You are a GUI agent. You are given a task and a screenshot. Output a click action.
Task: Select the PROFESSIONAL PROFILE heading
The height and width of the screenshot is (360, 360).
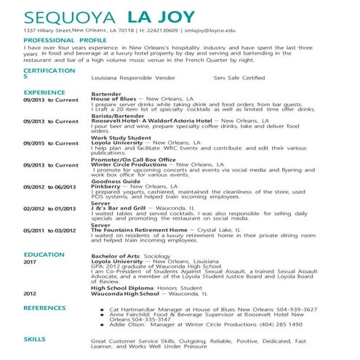(65, 41)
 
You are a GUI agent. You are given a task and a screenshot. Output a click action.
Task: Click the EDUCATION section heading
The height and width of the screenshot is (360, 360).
(44, 255)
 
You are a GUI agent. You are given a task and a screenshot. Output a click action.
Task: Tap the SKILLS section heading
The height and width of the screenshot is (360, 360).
(35, 339)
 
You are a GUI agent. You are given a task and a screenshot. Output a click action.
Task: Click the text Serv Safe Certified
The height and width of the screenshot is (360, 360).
(239, 77)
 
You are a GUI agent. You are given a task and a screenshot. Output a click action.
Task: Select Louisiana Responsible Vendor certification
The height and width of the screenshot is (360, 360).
(134, 77)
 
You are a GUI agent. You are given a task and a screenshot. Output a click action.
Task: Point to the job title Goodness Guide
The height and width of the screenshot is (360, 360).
(115, 180)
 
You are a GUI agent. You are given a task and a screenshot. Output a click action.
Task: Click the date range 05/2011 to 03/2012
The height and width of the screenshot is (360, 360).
(49, 231)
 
